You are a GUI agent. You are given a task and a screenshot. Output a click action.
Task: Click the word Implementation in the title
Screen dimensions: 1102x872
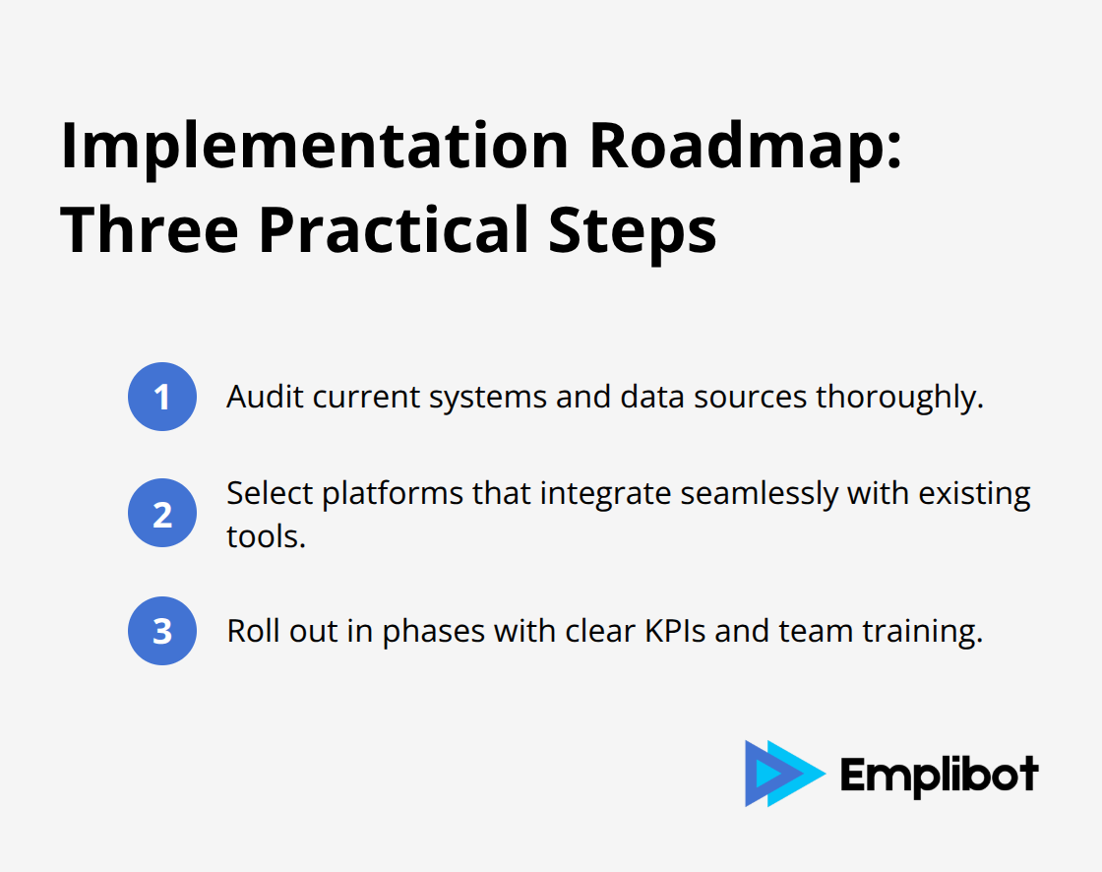point(314,148)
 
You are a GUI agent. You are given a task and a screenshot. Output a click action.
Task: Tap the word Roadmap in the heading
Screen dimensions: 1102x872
point(746,147)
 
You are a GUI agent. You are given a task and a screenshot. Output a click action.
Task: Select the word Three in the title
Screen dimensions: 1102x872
point(150,230)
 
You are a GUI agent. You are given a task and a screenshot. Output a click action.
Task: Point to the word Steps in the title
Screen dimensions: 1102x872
point(632,232)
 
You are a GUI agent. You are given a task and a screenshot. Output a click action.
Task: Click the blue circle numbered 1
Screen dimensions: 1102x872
point(162,397)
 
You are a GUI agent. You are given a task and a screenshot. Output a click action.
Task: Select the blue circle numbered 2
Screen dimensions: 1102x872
point(162,514)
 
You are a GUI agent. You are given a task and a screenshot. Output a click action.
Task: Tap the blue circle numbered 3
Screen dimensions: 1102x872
point(162,631)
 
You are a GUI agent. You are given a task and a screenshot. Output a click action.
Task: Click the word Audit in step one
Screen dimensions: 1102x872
point(265,398)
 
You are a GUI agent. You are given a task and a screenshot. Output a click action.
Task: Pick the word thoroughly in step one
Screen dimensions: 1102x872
point(899,399)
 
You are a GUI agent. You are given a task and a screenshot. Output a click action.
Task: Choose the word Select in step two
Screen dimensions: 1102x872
point(270,493)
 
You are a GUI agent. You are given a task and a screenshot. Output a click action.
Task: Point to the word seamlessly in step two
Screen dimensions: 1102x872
point(759,495)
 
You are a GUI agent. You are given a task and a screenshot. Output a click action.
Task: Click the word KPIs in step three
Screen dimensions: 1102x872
point(675,631)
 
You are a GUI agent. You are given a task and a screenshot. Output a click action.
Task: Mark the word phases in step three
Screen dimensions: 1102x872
point(434,633)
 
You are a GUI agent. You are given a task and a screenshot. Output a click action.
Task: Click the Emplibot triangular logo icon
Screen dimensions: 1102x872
point(785,774)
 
